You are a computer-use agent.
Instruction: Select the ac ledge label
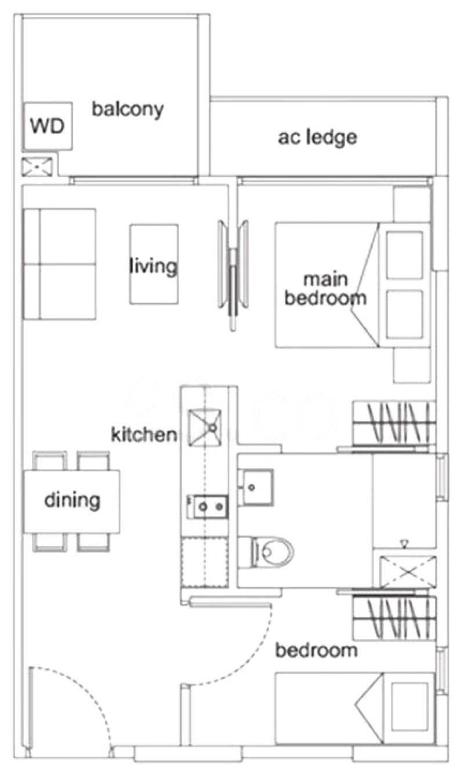[x=317, y=137]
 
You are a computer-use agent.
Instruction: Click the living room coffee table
[x=153, y=264]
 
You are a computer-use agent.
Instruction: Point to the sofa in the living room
[x=60, y=264]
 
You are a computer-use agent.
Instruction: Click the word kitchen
[x=143, y=434]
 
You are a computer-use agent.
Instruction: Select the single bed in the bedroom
[x=354, y=708]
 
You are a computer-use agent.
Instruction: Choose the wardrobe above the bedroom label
[x=393, y=619]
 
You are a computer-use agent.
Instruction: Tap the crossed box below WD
[x=38, y=167]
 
